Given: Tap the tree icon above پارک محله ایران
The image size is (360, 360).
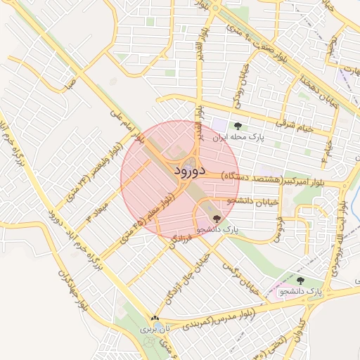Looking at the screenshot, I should [237, 127].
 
